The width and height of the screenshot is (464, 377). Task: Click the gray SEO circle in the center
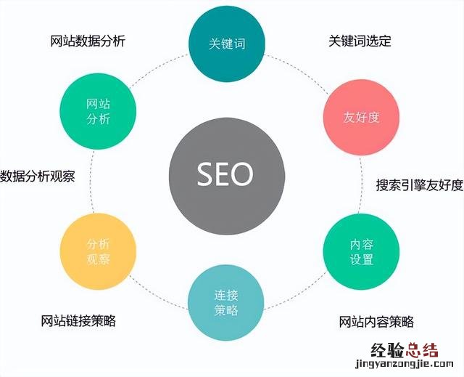(225, 174)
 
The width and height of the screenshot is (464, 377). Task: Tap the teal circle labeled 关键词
(226, 44)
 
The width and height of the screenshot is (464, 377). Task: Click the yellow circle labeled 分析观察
(98, 252)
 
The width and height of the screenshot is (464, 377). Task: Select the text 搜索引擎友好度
(419, 185)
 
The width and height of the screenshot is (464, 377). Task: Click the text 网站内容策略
(376, 322)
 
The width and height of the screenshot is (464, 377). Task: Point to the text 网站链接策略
(78, 320)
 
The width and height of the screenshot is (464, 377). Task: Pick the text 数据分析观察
(37, 175)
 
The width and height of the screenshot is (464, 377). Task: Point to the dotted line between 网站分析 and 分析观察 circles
(92, 182)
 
